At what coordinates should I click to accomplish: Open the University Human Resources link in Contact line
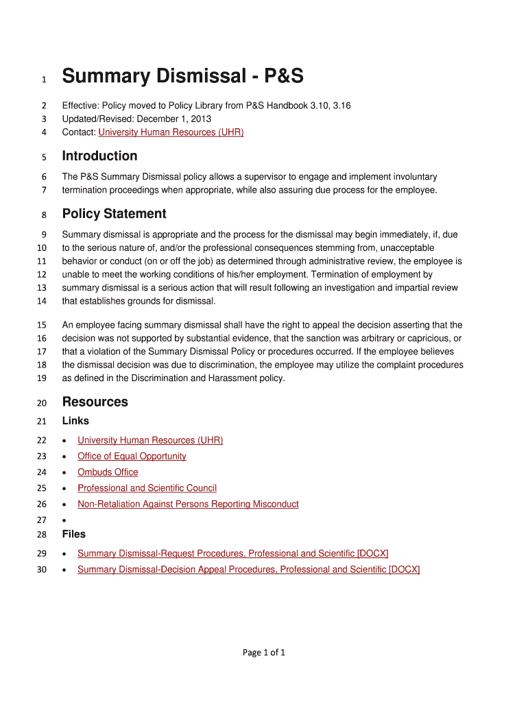click(171, 132)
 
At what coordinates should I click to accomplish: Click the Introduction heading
click(99, 156)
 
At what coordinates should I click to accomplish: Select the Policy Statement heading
click(114, 213)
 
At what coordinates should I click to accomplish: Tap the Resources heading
click(95, 402)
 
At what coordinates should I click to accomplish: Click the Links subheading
click(75, 421)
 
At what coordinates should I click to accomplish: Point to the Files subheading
click(74, 534)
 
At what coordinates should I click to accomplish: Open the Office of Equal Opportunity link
click(132, 456)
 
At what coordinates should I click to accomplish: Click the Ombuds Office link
click(108, 472)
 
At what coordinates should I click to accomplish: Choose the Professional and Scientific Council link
click(147, 488)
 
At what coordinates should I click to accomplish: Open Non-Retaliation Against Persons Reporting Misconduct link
click(188, 504)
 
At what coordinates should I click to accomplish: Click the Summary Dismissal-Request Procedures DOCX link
click(233, 553)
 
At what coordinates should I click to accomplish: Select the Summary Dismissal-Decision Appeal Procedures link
click(248, 569)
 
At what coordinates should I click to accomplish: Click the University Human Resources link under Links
click(150, 440)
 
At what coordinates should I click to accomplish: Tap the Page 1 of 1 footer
click(263, 653)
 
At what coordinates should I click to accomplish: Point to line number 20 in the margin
click(41, 402)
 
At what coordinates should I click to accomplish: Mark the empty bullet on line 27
click(64, 520)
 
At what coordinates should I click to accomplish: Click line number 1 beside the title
click(44, 80)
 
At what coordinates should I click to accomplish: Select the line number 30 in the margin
click(41, 570)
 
